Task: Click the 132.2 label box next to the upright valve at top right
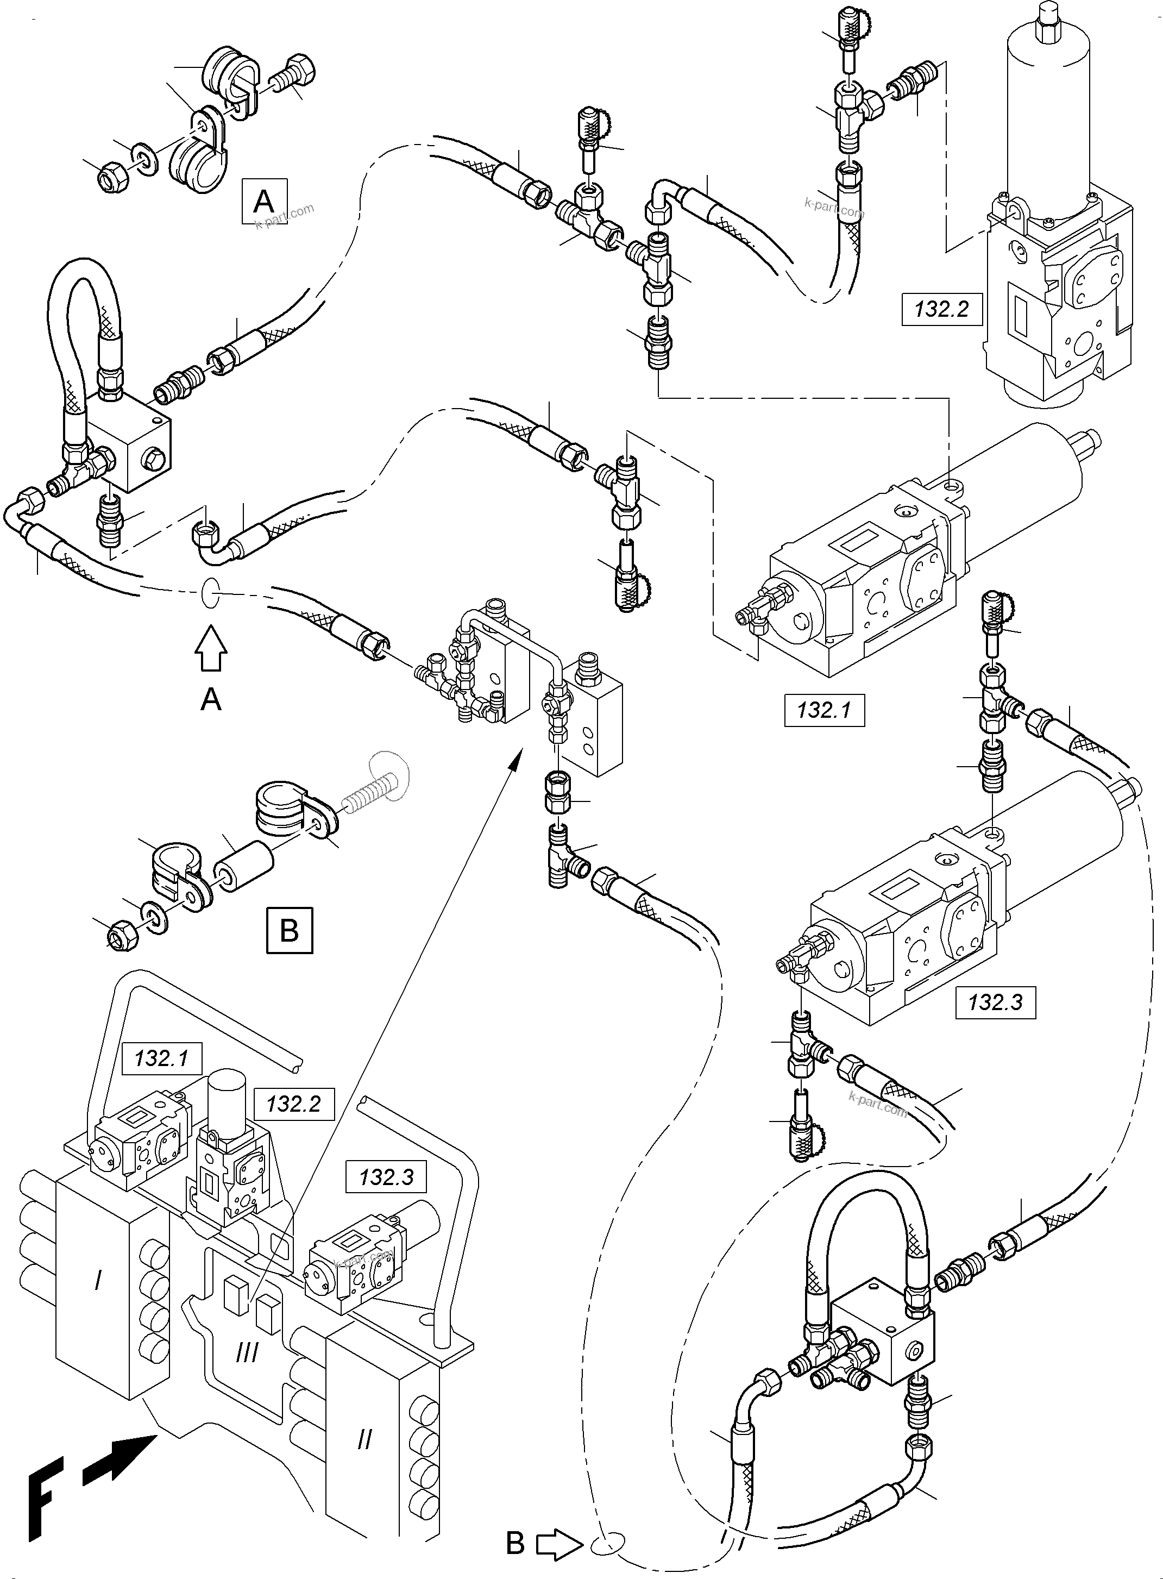pyautogui.click(x=941, y=309)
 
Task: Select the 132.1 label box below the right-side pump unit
pyautogui.click(x=823, y=710)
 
